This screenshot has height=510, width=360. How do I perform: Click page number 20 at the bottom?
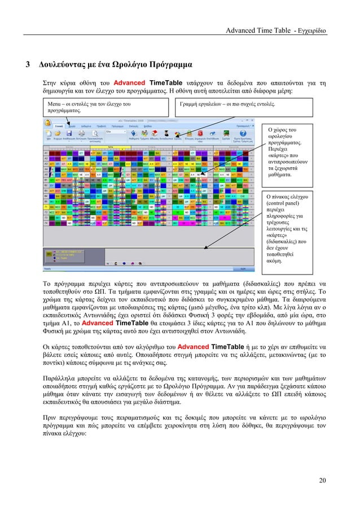click(322, 481)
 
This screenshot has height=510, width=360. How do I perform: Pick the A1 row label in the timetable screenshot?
click(46, 153)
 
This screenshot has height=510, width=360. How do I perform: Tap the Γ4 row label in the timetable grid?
click(46, 224)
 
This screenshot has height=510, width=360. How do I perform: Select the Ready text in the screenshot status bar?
click(48, 270)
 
